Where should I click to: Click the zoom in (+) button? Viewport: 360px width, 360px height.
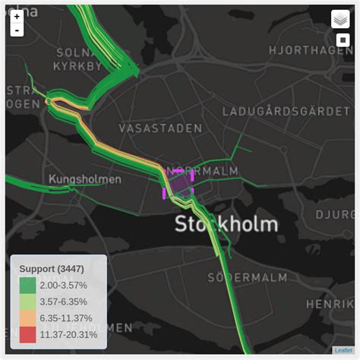tap(17, 16)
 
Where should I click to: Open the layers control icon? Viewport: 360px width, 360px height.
tap(340, 19)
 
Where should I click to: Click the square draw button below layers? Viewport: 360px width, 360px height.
tap(342, 40)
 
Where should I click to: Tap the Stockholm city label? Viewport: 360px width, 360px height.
tap(226, 223)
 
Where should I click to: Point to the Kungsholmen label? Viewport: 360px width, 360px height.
tap(85, 179)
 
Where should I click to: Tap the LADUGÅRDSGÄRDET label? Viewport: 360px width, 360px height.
tap(280, 112)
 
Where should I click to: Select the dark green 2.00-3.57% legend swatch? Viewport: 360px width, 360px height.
tap(27, 286)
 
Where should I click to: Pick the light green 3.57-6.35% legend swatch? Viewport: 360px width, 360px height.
tap(27, 302)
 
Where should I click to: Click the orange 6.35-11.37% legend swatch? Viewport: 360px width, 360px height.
tap(27, 317)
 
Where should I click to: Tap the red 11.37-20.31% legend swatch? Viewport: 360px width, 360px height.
tap(27, 334)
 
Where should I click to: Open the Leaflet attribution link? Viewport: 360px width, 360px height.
tap(343, 350)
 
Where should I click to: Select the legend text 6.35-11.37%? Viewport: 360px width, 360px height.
tap(66, 318)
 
